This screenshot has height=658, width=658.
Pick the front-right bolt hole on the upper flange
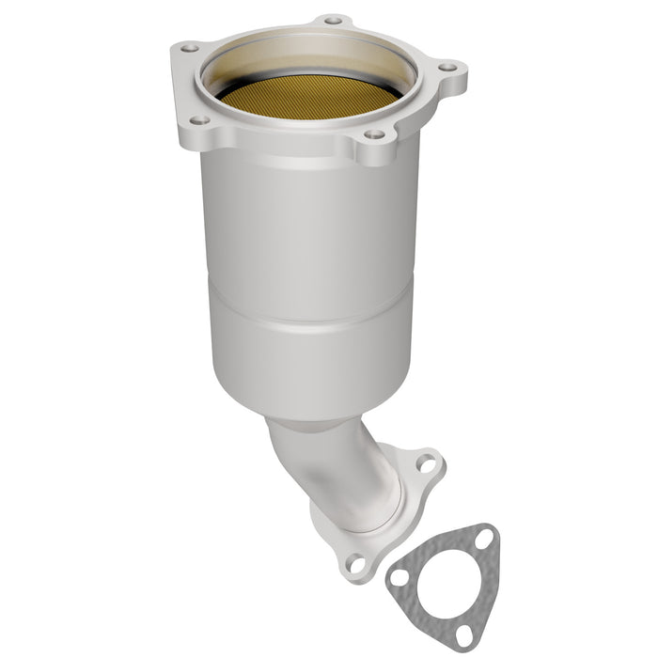point(374,134)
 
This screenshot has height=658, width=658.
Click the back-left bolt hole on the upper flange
point(189,46)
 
